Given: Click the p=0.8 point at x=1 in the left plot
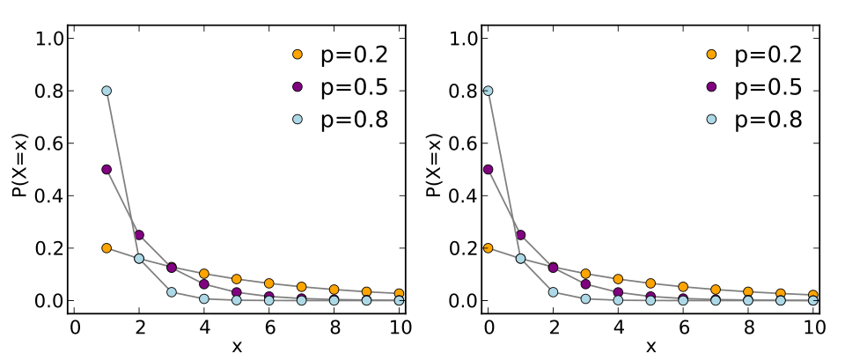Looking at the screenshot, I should click(107, 91).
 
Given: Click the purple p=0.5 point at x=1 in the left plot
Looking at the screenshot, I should click(107, 169).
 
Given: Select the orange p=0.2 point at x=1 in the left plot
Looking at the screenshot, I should click(107, 248).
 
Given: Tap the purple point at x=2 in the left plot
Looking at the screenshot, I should click(139, 235).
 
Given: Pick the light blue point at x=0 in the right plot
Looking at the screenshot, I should click(488, 91).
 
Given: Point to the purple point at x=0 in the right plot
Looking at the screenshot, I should click(488, 169).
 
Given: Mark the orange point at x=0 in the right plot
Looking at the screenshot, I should click(488, 248).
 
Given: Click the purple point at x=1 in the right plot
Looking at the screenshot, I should click(520, 235).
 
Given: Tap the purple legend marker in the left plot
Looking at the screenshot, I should click(298, 87).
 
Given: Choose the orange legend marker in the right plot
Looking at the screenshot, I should click(711, 55).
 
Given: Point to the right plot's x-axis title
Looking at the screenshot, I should click(650, 346).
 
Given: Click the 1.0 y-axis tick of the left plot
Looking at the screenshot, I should click(48, 39).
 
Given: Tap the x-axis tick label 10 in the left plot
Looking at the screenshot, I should click(399, 327).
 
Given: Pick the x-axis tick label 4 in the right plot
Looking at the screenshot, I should click(618, 327).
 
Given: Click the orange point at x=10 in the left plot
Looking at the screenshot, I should click(399, 293).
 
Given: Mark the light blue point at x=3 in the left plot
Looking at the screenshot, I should click(172, 292).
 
